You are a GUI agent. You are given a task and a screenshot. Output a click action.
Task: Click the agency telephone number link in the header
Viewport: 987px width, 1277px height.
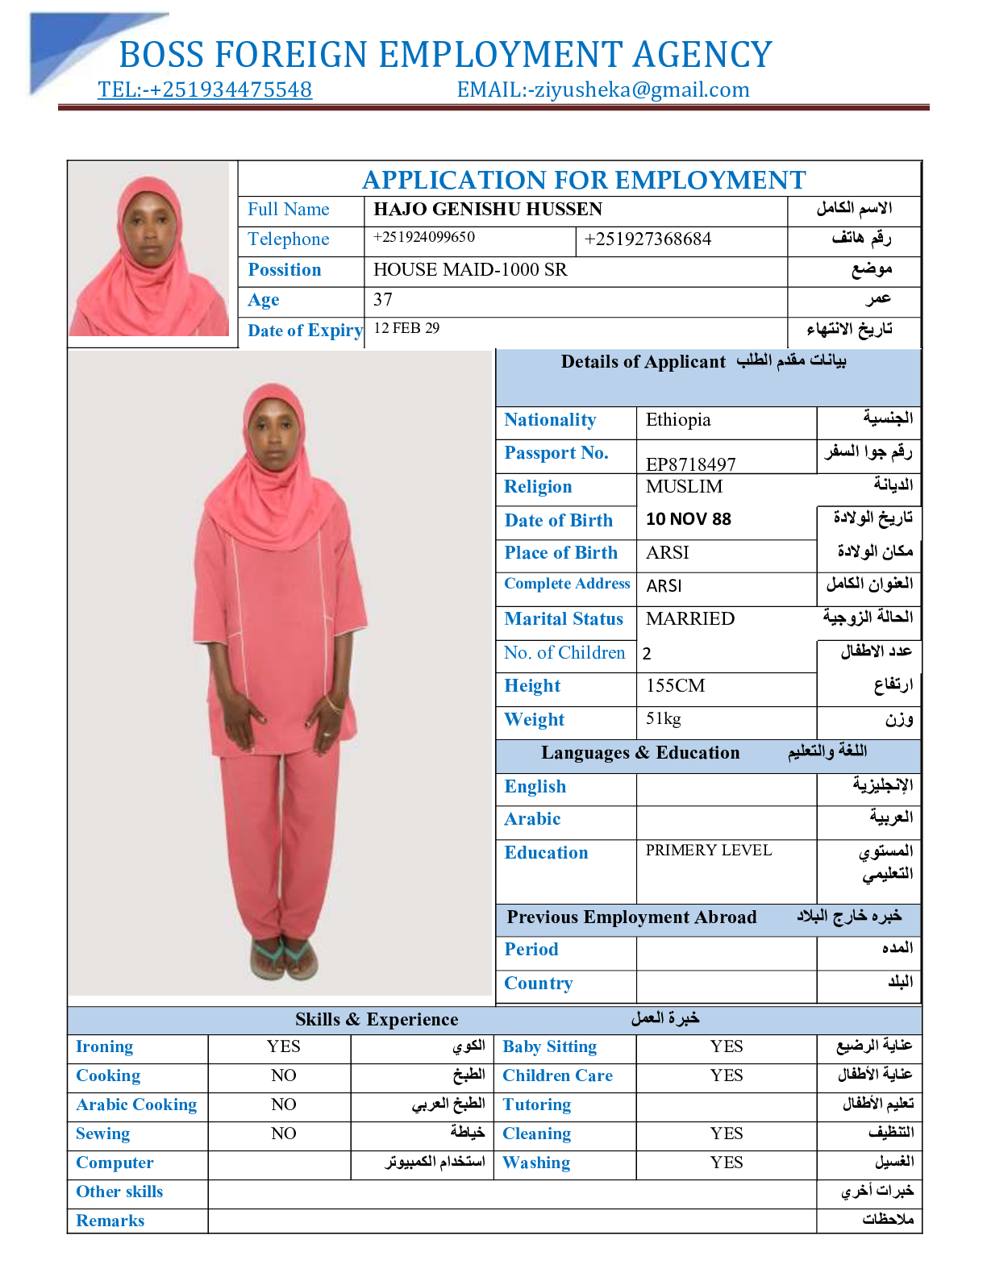pyautogui.click(x=205, y=89)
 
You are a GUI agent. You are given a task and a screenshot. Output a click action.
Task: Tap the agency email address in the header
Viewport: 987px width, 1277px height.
pyautogui.click(x=603, y=89)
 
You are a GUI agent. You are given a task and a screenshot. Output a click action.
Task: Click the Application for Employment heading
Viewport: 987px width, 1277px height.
pyautogui.click(x=584, y=180)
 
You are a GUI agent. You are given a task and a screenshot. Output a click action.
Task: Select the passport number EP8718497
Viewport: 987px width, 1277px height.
pyautogui.click(x=691, y=464)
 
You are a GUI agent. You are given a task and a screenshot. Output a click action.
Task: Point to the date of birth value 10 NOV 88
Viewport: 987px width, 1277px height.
pyautogui.click(x=689, y=519)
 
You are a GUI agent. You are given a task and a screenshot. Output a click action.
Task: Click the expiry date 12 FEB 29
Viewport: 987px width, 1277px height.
pyautogui.click(x=406, y=328)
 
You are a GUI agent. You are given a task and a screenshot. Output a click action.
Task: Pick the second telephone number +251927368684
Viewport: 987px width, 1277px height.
pyautogui.click(x=648, y=239)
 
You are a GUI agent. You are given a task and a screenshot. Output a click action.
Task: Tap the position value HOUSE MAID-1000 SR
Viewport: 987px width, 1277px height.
pyautogui.click(x=470, y=270)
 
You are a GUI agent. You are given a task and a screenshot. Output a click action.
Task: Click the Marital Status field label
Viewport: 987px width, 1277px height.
pyautogui.click(x=564, y=619)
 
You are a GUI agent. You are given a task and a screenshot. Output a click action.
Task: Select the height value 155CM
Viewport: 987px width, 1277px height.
pyautogui.click(x=676, y=686)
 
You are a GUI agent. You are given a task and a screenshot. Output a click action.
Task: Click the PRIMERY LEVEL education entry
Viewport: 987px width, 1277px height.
pyautogui.click(x=709, y=851)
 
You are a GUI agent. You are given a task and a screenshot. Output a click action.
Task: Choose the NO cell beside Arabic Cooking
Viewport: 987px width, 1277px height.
pyautogui.click(x=283, y=1104)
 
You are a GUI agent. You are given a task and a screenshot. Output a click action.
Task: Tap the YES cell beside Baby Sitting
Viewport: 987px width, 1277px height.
pyautogui.click(x=727, y=1046)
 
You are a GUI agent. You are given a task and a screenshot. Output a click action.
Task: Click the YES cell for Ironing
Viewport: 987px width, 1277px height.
pyautogui.click(x=283, y=1046)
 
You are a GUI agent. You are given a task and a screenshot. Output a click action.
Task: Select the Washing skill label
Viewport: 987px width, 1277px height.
pyautogui.click(x=536, y=1163)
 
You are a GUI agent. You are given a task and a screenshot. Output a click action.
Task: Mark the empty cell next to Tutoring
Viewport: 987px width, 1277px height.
pyautogui.click(x=727, y=1104)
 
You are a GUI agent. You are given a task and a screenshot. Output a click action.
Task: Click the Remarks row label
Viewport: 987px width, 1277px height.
pyautogui.click(x=110, y=1221)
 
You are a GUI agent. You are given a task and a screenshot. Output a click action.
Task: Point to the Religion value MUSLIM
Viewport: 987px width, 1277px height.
pyautogui.click(x=684, y=487)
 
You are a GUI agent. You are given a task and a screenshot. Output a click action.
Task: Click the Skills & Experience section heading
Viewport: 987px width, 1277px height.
pyautogui.click(x=377, y=1020)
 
